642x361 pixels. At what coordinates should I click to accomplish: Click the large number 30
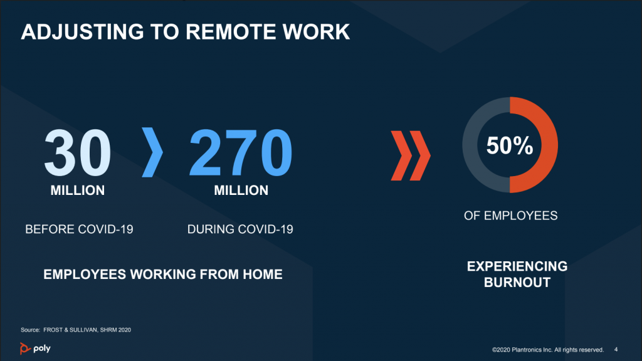[77, 152]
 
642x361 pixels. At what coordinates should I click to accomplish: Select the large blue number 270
[241, 152]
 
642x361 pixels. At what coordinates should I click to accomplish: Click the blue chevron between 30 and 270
[152, 152]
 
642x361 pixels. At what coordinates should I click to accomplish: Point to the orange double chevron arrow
[411, 155]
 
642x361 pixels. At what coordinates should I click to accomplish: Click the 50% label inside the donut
[510, 145]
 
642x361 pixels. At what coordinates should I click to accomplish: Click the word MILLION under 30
[77, 191]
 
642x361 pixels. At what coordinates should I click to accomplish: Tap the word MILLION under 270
[241, 191]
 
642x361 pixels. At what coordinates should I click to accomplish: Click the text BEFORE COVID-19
[79, 229]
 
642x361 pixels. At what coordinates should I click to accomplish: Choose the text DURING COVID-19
[240, 229]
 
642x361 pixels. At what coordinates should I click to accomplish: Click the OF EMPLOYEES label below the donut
[510, 216]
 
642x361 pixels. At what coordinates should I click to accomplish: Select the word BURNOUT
[517, 283]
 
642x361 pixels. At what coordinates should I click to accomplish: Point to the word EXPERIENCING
[517, 266]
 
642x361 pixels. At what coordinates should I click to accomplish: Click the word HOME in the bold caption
[263, 275]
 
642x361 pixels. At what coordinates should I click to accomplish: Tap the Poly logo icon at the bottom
[24, 348]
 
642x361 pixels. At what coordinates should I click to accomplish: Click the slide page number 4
[616, 350]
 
